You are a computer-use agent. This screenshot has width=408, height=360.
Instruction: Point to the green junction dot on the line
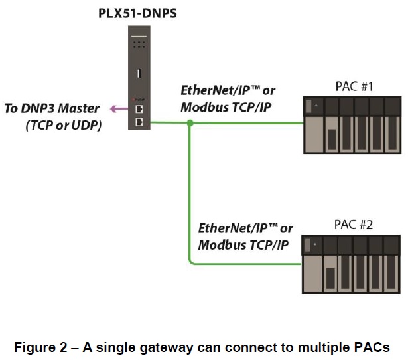(190, 123)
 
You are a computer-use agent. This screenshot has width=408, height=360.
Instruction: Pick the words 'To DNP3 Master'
(52, 108)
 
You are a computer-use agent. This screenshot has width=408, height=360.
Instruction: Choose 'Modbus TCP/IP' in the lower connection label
(243, 245)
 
